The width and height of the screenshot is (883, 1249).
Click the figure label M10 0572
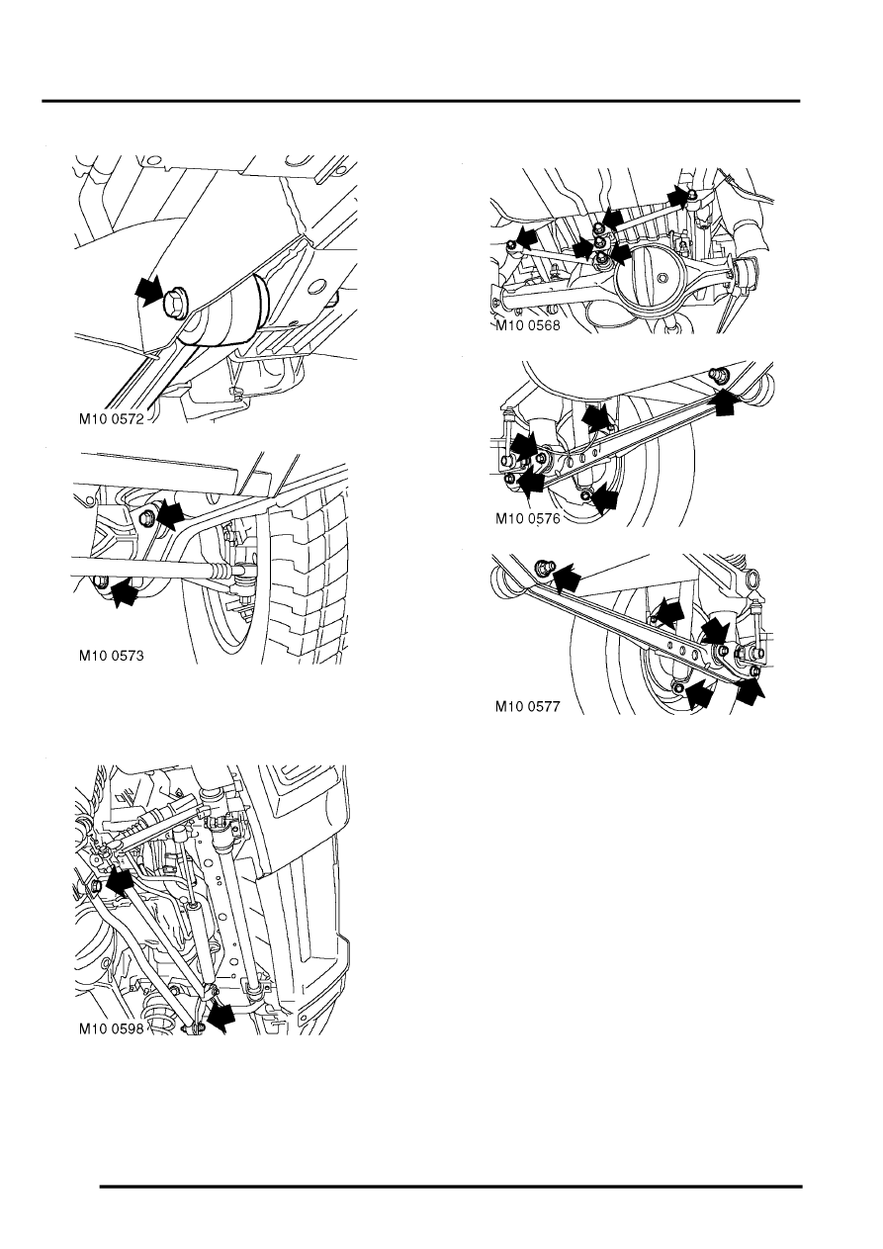tap(119, 418)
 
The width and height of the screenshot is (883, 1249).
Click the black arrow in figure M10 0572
tap(148, 290)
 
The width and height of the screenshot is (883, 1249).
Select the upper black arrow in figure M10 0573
tap(171, 512)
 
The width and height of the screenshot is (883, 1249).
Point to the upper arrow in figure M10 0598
tap(120, 880)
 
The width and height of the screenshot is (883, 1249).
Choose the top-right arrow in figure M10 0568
tap(677, 197)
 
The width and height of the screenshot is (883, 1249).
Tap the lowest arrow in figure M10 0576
tap(605, 500)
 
